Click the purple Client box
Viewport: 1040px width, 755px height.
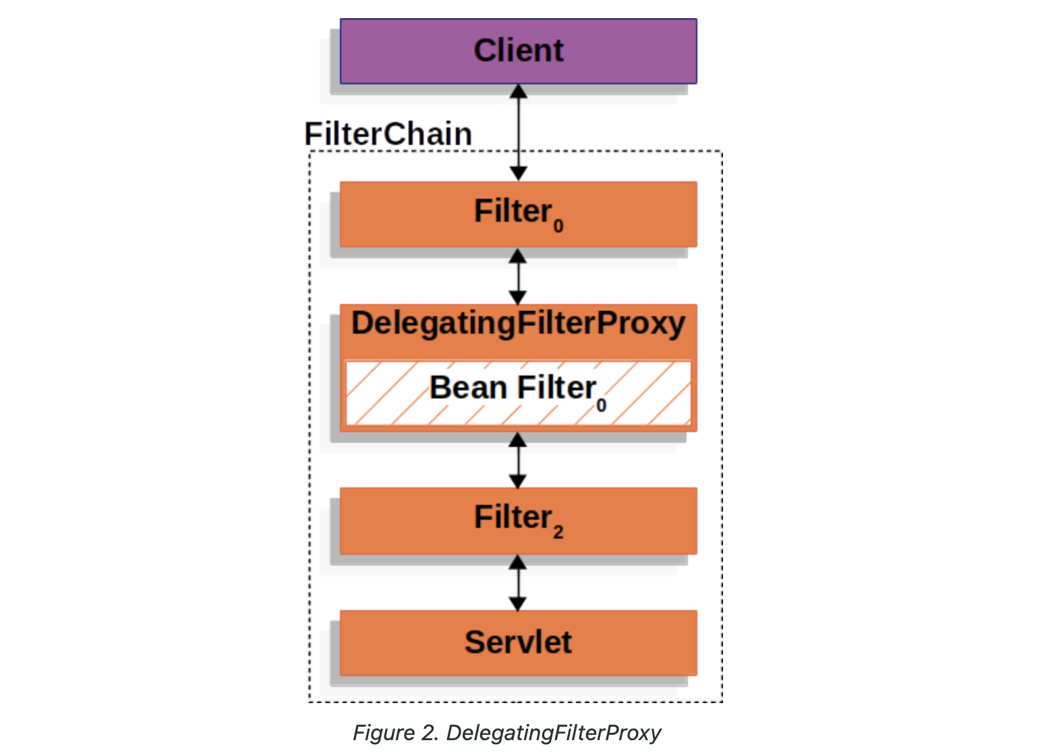pyautogui.click(x=518, y=51)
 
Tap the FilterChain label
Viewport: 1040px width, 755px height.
pyautogui.click(x=388, y=133)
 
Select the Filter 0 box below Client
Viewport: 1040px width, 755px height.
pyautogui.click(x=518, y=214)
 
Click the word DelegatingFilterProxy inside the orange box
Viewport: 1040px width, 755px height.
pyautogui.click(x=518, y=323)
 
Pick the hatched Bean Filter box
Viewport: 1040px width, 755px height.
pyautogui.click(x=518, y=393)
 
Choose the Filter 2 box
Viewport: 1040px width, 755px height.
pyautogui.click(x=518, y=520)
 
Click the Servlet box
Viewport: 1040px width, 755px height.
pyautogui.click(x=518, y=642)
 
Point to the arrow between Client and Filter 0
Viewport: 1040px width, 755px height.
pyautogui.click(x=518, y=132)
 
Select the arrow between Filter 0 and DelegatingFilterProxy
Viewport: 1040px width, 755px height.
pyautogui.click(x=518, y=276)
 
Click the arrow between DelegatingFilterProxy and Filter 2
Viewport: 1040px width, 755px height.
pyautogui.click(x=518, y=460)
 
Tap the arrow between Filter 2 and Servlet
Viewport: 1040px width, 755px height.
pyautogui.click(x=518, y=583)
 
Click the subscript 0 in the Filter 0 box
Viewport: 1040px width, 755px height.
pyautogui.click(x=558, y=227)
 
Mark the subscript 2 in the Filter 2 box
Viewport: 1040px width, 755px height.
pyautogui.click(x=558, y=533)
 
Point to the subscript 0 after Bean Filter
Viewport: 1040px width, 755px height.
pyautogui.click(x=601, y=405)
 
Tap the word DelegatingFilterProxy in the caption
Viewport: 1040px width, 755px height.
pyautogui.click(x=554, y=733)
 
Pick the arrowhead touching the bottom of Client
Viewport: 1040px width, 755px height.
pyautogui.click(x=518, y=91)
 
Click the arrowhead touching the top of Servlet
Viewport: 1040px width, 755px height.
pyautogui.click(x=518, y=604)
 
